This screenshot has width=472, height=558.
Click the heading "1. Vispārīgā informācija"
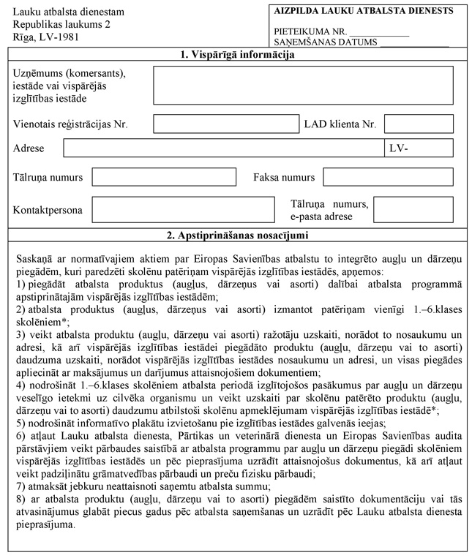pos(237,55)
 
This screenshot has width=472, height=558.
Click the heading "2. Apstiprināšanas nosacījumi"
pos(237,235)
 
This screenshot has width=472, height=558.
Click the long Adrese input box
pos(223,148)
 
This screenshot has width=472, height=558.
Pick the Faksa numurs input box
pos(388,178)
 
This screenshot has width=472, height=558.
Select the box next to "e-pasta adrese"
pos(413,210)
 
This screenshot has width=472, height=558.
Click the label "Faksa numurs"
pos(284,178)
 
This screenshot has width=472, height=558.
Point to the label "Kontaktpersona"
pos(48,211)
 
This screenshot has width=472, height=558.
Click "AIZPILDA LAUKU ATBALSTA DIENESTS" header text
pos(364,11)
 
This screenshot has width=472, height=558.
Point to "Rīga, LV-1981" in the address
pos(45,37)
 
